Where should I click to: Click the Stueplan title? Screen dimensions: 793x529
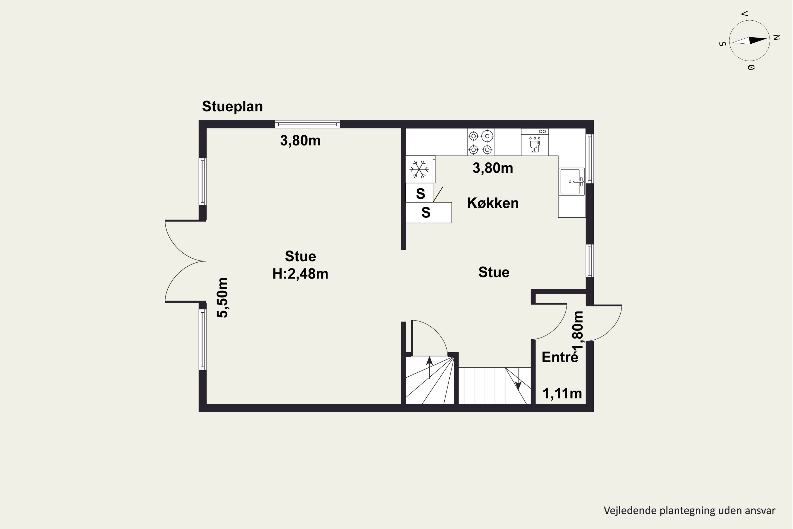coord(232,107)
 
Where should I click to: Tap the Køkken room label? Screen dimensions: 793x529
coord(493,203)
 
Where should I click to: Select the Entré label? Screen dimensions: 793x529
coord(560,357)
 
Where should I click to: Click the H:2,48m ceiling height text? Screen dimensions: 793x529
coord(300,273)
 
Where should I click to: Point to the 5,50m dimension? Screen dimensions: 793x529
coord(223,298)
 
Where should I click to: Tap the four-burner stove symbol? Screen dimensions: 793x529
coord(481,142)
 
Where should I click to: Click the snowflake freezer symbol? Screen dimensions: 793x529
coord(419,169)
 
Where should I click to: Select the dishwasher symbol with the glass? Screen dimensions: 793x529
coord(535,142)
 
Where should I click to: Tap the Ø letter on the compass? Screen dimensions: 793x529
coord(751,67)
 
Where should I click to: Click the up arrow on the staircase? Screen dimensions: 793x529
coord(429,367)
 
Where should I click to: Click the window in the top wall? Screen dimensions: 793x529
coord(307,124)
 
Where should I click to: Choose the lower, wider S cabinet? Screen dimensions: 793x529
coord(428,213)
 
